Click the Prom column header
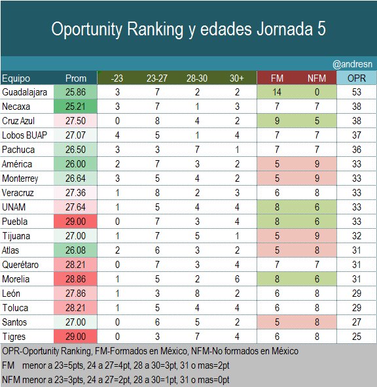point(76,78)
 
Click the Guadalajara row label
point(24,93)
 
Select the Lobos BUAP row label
point(24,136)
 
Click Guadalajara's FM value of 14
point(277,93)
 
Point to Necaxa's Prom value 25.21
point(76,107)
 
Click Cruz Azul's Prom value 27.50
point(76,122)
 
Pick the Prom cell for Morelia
point(76,278)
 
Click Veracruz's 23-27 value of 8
point(156,193)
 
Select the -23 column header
point(117,78)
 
